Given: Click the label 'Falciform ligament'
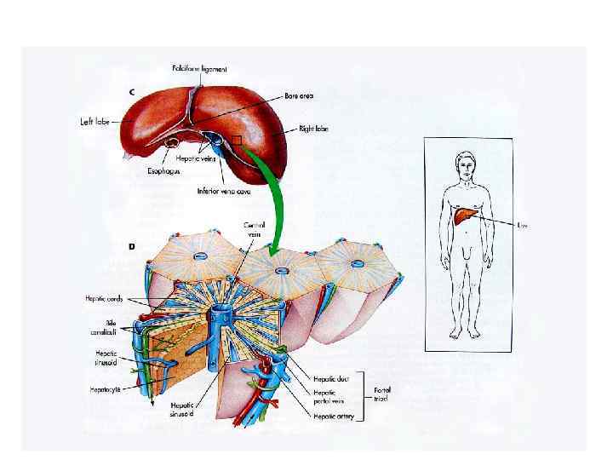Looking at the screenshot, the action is click(198, 69).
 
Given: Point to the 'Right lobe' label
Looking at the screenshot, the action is click(313, 129).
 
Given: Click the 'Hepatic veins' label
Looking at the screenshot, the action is click(194, 157).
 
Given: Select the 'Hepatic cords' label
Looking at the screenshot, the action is click(103, 299).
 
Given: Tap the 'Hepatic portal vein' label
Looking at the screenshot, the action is click(328, 397).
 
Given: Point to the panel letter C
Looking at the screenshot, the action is click(130, 92).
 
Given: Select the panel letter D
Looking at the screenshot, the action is click(131, 246).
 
